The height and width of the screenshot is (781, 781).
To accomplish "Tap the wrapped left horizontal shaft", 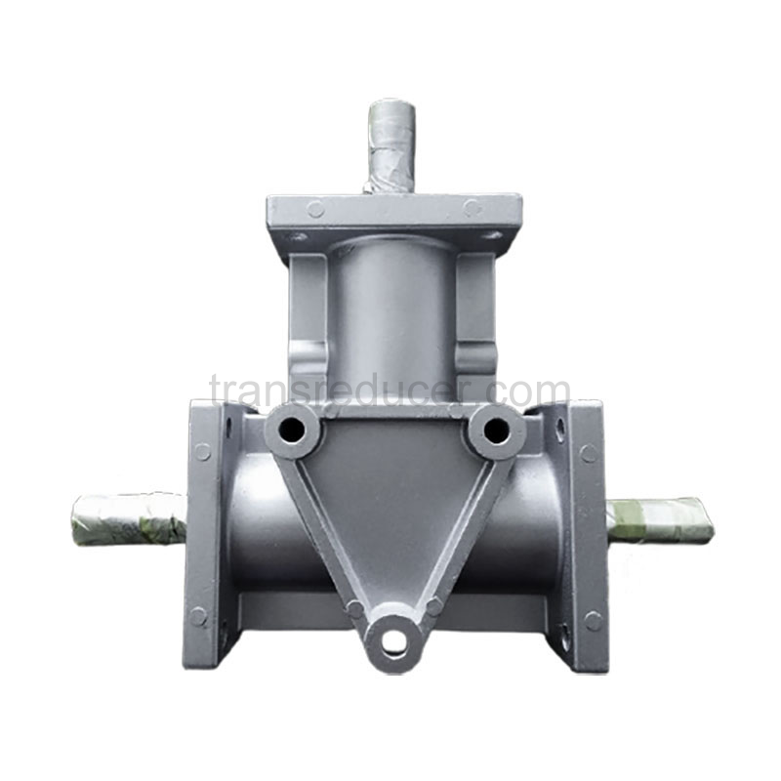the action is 129,520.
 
